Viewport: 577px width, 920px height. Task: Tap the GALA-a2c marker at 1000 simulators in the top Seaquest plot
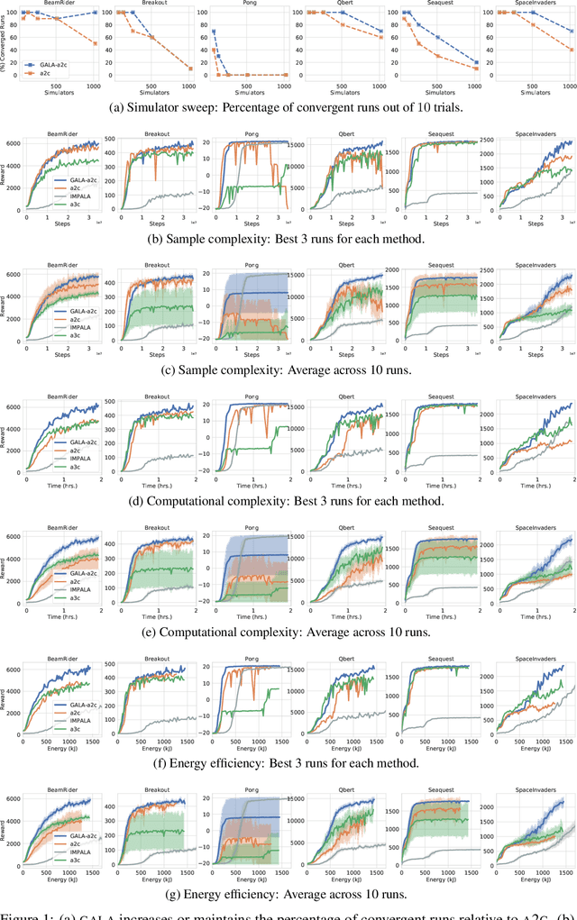click(476, 62)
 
